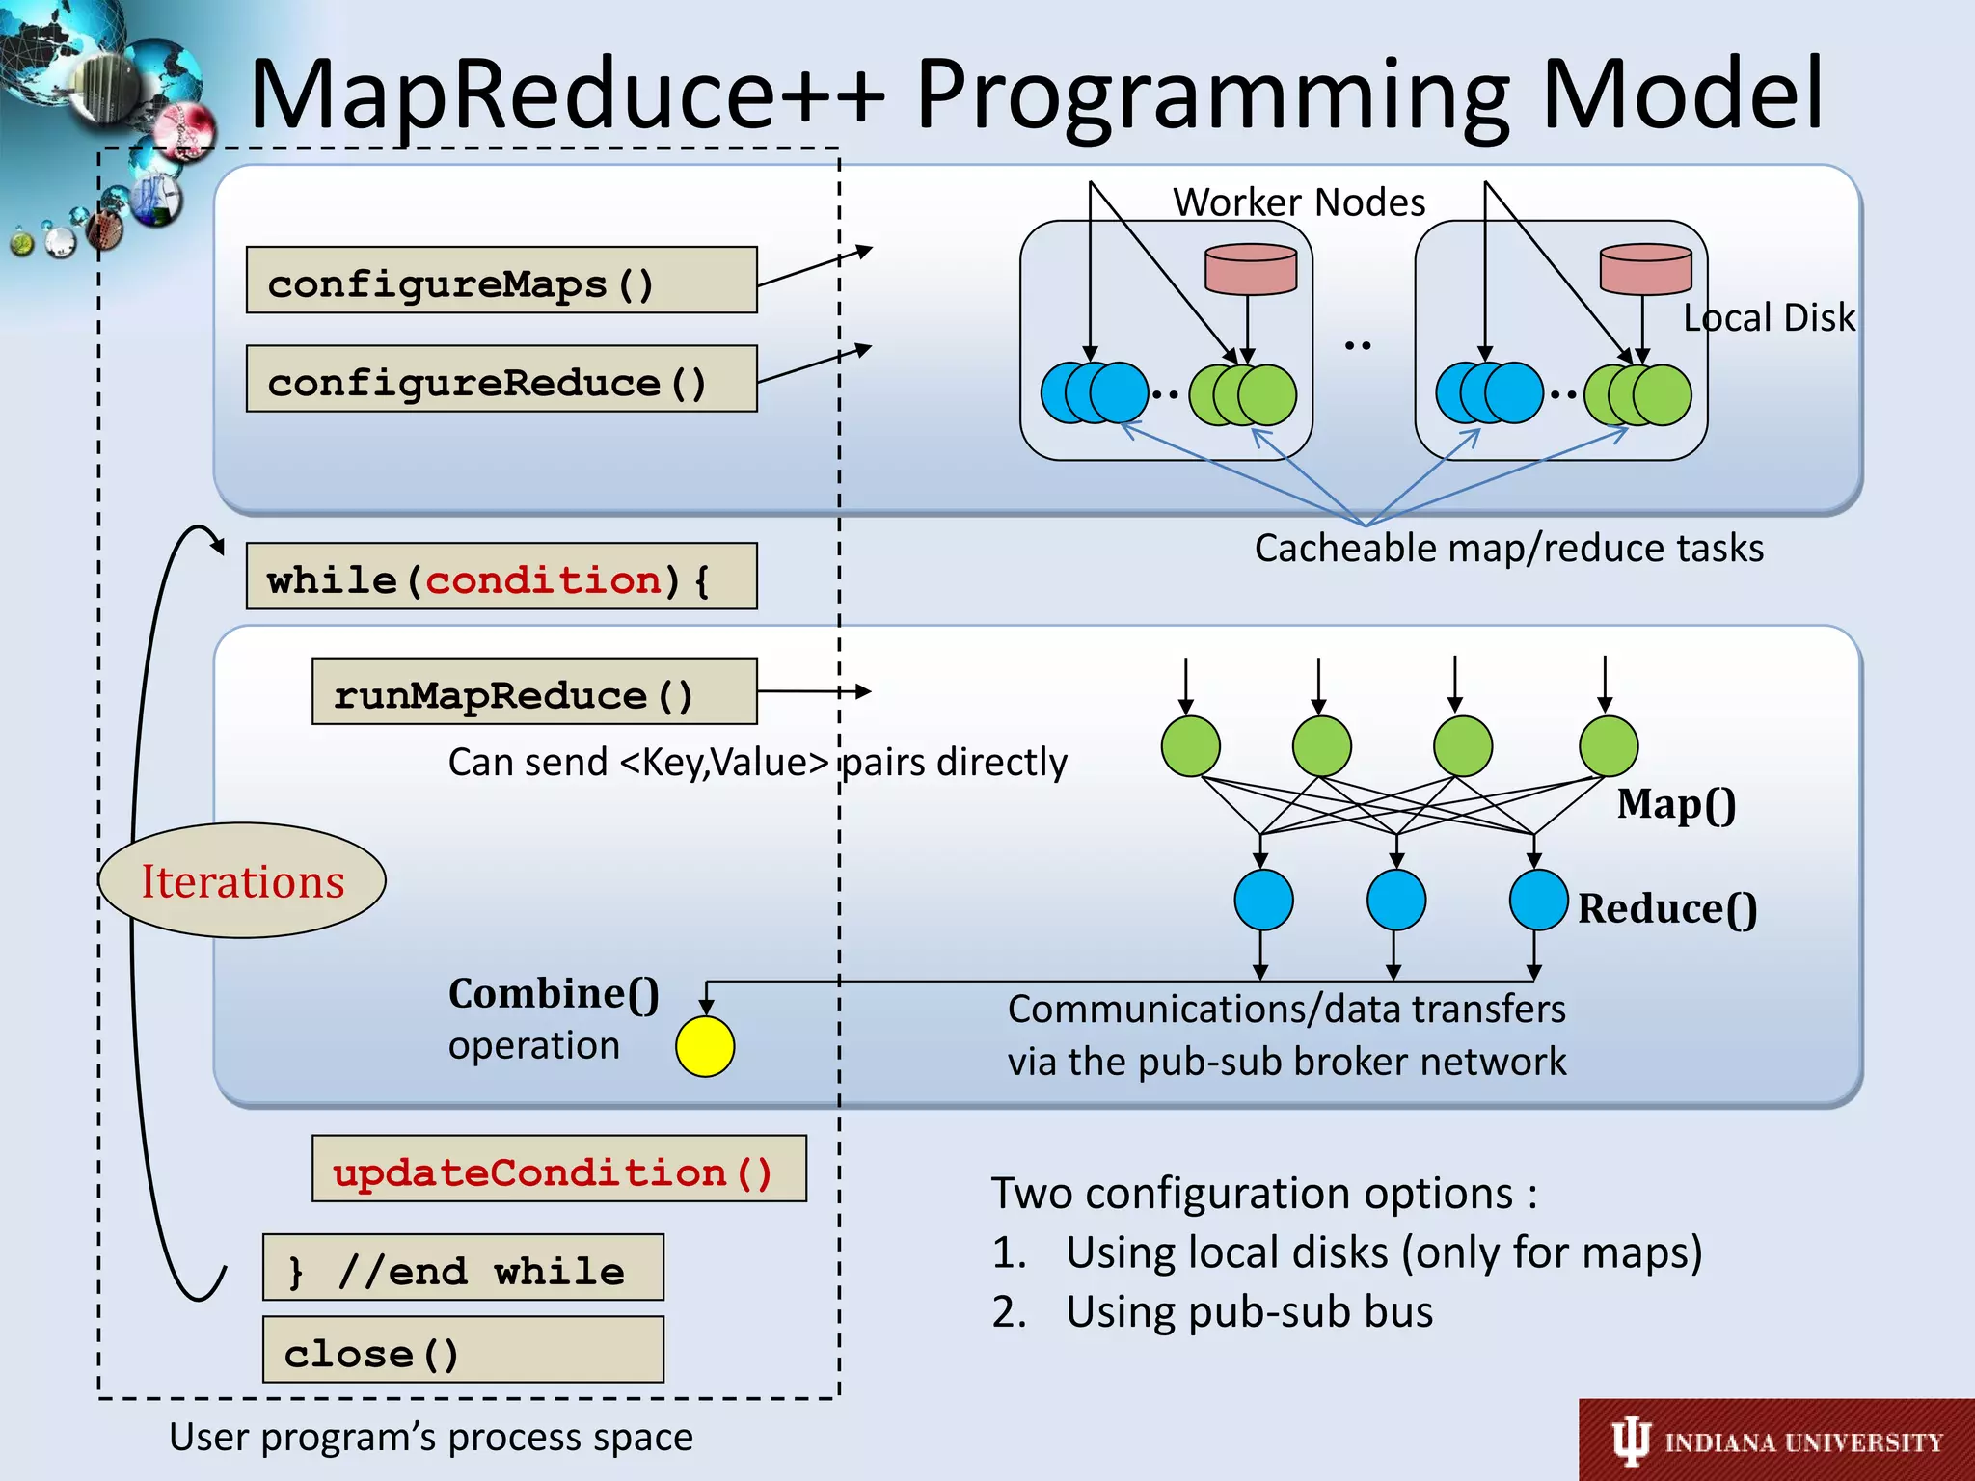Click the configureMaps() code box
coord(501,281)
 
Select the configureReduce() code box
coord(501,379)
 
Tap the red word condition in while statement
coord(544,580)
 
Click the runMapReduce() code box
coord(534,692)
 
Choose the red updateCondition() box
coord(558,1170)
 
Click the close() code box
coord(462,1351)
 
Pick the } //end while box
coord(462,1268)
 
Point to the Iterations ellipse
coord(242,880)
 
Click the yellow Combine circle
coord(705,1047)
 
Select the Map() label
coord(1676,804)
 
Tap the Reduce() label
coord(1666,908)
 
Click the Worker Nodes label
coord(1298,202)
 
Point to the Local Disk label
coord(1769,317)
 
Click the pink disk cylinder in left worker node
coord(1251,269)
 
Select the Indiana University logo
coord(1776,1441)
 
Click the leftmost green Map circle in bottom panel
coord(1191,745)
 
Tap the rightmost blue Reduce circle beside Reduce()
coord(1538,900)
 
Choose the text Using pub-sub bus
coord(1249,1311)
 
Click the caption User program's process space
coord(431,1437)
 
